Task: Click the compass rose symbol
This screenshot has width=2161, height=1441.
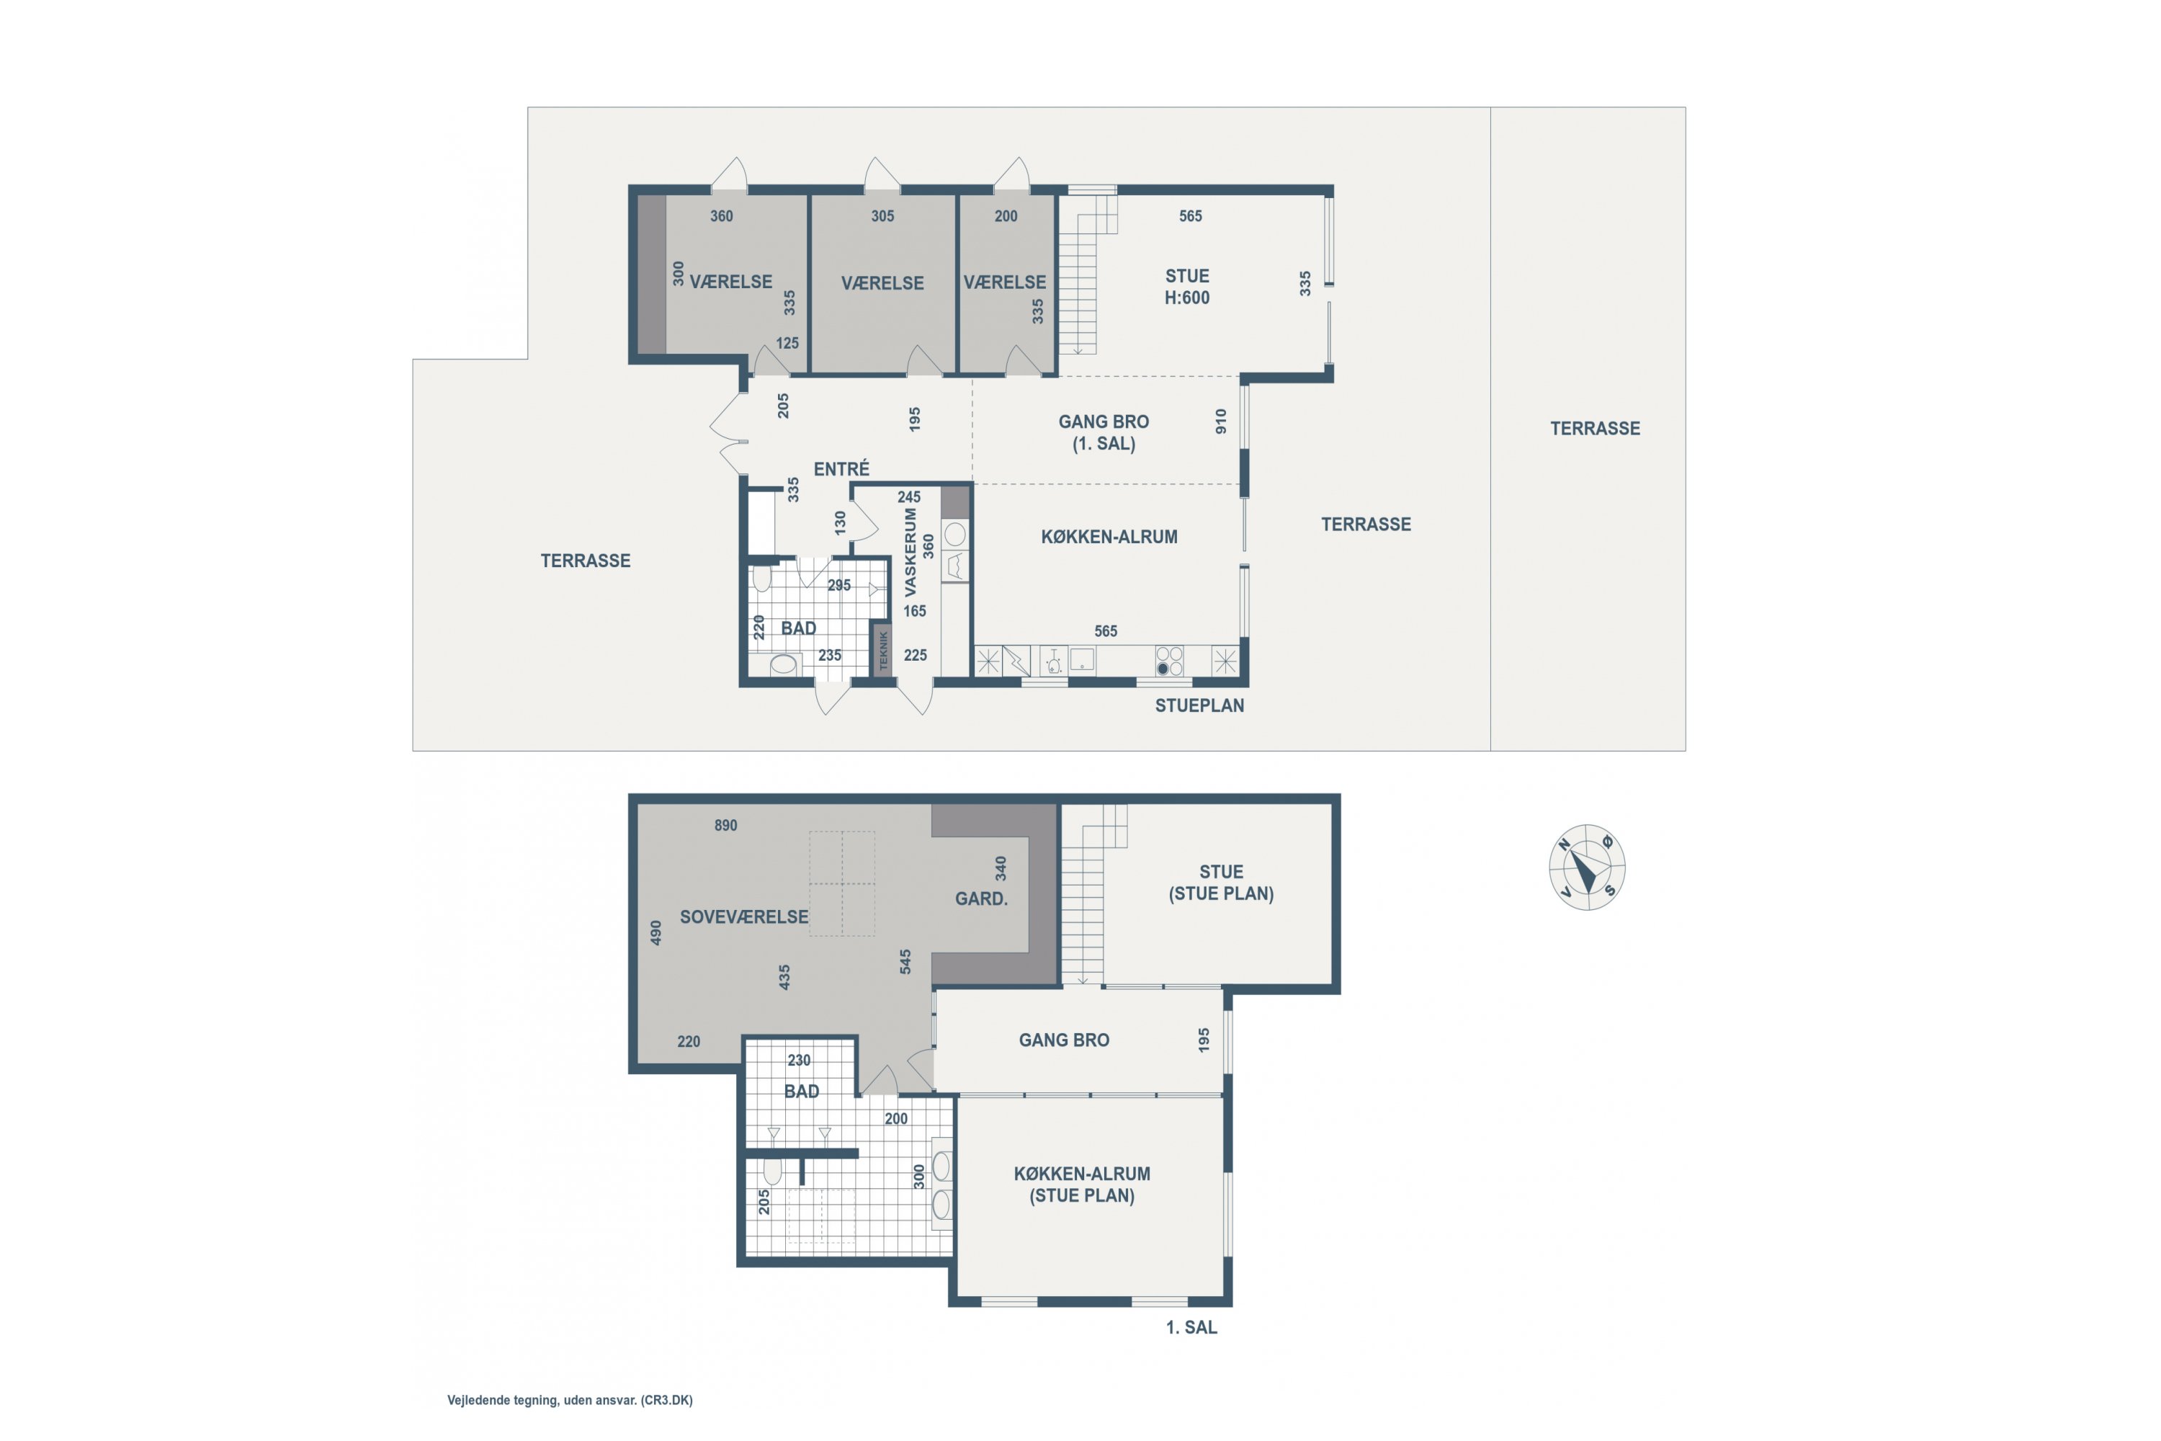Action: coord(1587,867)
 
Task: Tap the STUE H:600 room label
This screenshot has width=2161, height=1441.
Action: coord(1187,287)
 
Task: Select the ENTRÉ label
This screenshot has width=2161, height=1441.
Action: coord(841,469)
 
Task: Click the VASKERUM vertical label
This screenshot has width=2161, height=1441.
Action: coord(911,553)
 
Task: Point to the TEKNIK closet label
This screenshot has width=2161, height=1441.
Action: coord(883,651)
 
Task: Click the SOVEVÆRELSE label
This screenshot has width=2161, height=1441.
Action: coord(744,916)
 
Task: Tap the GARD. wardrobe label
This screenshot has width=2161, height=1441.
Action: coord(981,898)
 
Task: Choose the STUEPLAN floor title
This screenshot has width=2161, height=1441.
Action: coord(1199,706)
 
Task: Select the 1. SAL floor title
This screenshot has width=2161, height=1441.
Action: coord(1191,1327)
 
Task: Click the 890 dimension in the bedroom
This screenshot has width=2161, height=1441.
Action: coord(726,825)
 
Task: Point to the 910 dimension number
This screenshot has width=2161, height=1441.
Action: coord(1221,421)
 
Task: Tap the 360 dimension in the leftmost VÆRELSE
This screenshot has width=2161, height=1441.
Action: coord(721,216)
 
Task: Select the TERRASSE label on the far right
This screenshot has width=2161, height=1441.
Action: coord(1595,428)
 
